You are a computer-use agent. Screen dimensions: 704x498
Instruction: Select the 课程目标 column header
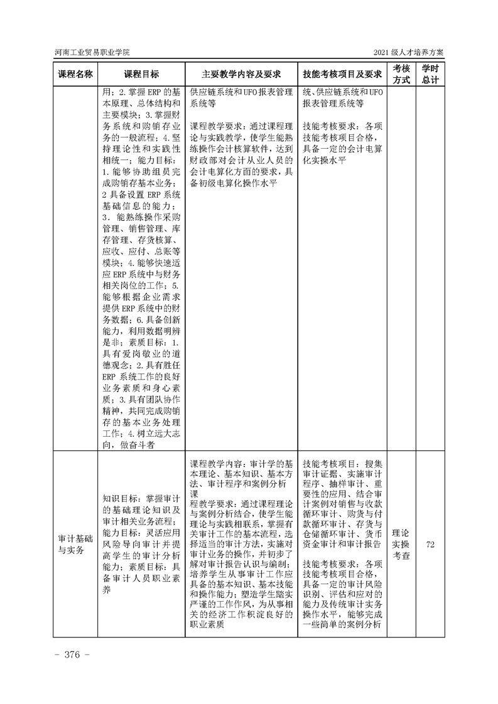click(141, 73)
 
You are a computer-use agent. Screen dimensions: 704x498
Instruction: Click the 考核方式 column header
click(401, 73)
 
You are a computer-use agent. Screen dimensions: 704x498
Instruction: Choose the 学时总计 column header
click(430, 73)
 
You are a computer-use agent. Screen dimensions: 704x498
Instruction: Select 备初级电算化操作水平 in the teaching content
click(237, 182)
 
